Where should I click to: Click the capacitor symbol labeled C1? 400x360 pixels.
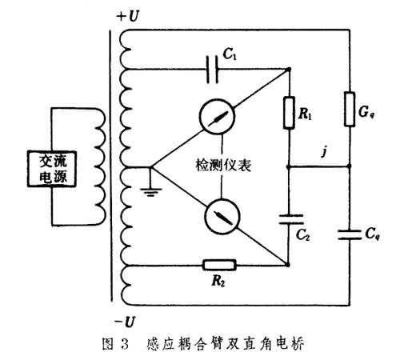[x=212, y=70]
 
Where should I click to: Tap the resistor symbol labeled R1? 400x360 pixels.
[x=289, y=113]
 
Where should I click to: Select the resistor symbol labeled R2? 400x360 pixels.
[x=219, y=265]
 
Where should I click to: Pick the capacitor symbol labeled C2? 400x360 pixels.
[x=291, y=219]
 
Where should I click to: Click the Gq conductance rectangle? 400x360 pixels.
[x=350, y=109]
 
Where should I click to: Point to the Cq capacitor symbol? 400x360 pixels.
[x=350, y=234]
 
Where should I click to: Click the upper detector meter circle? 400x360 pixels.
[x=217, y=117]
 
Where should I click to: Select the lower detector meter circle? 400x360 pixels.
[x=222, y=216]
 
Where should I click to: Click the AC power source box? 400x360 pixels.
[x=52, y=169]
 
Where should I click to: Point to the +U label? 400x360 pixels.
[x=128, y=16]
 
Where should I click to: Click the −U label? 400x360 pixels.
[x=126, y=322]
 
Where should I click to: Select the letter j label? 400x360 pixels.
[x=324, y=151]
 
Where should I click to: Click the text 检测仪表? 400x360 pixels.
[x=223, y=166]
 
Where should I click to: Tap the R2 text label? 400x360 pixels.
[x=218, y=281]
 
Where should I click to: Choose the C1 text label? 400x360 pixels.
[x=230, y=54]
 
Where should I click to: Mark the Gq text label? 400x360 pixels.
[x=366, y=112]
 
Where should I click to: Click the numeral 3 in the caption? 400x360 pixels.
[x=124, y=344]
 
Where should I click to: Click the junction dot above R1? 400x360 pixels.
[x=289, y=70]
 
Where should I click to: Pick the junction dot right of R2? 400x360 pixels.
[x=287, y=265]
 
